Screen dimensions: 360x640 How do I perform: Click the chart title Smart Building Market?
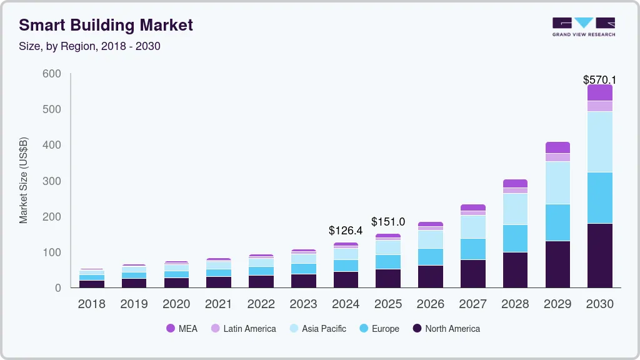point(106,25)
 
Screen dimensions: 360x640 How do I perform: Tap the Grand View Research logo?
point(583,27)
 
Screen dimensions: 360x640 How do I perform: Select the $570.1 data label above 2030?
point(599,79)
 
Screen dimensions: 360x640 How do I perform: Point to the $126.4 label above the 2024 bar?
point(346,231)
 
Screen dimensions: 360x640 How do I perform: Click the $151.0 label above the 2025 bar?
point(388,222)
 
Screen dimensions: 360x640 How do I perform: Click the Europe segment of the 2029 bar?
point(557,222)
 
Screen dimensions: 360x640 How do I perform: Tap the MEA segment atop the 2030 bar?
point(599,92)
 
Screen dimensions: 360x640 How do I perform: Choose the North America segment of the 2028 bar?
point(515,269)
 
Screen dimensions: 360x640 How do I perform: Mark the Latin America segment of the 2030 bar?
point(599,106)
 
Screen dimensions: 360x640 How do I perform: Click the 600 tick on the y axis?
point(52,74)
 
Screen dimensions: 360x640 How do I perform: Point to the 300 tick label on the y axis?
point(52,181)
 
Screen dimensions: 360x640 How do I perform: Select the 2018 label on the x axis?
point(92,304)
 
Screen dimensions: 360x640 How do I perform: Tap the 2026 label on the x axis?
point(430,304)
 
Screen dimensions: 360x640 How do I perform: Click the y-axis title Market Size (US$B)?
point(24,181)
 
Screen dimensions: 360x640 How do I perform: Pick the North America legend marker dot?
point(417,329)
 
